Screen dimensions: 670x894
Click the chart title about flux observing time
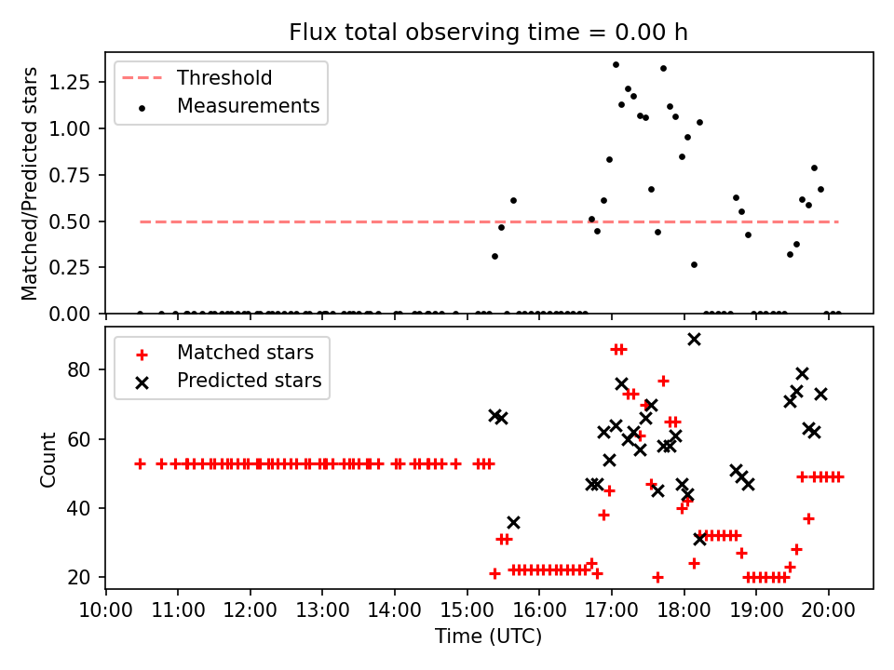489,33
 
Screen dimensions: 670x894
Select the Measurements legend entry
248,106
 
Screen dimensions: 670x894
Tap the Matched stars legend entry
245,353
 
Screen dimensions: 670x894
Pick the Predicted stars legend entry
249,381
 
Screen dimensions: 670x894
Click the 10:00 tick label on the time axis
105,610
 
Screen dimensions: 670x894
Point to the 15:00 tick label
467,610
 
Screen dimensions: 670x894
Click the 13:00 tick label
322,610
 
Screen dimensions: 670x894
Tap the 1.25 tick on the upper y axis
81,83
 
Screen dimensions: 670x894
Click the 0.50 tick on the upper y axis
81,221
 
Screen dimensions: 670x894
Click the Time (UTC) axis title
489,636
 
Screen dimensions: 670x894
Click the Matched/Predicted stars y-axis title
31,183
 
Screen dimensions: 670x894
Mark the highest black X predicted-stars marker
694,339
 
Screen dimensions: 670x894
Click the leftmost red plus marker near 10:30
140,463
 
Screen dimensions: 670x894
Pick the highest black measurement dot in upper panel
616,64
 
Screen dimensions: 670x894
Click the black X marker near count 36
513,522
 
